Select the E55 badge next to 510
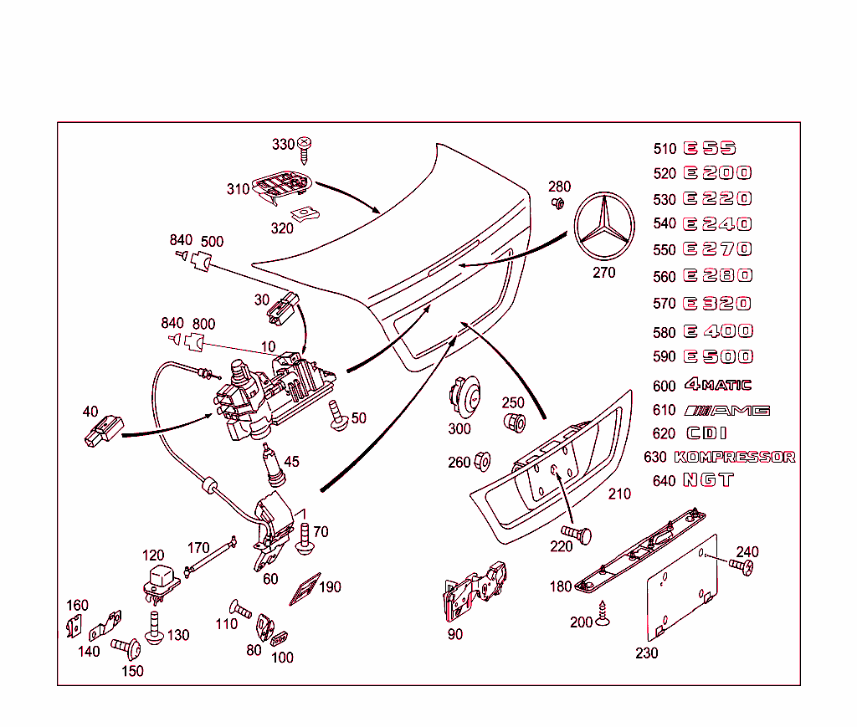[710, 148]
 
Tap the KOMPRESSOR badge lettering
[734, 457]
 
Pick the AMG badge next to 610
[726, 410]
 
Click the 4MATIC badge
[717, 385]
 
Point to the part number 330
[284, 144]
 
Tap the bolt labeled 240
[741, 566]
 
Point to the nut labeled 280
[557, 202]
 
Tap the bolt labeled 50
[339, 415]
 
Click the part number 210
[619, 494]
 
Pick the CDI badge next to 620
[706, 433]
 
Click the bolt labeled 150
[126, 648]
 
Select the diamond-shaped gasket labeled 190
[304, 589]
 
